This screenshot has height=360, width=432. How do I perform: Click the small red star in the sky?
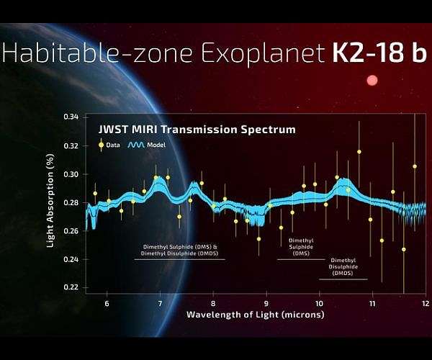click(x=372, y=81)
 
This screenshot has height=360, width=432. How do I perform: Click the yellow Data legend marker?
click(x=102, y=145)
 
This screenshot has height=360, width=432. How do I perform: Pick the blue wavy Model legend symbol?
click(x=136, y=145)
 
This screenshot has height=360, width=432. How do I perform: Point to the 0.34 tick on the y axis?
click(x=70, y=117)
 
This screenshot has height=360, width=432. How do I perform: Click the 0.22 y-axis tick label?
click(x=70, y=287)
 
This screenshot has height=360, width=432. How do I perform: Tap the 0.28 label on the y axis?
click(x=70, y=202)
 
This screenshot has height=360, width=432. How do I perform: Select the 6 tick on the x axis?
click(x=107, y=305)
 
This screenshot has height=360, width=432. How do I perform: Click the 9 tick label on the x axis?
click(x=266, y=305)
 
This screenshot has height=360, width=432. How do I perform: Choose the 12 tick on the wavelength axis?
click(x=425, y=305)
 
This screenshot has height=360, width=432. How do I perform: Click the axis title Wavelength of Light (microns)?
click(x=255, y=315)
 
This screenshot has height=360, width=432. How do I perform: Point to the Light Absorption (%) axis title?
click(x=50, y=205)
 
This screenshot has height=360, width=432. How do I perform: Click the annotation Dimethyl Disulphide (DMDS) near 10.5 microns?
click(x=342, y=266)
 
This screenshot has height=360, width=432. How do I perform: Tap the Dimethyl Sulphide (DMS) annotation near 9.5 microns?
click(x=301, y=246)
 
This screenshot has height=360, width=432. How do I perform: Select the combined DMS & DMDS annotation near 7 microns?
click(x=179, y=250)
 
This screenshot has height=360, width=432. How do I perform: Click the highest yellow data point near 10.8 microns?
click(x=359, y=152)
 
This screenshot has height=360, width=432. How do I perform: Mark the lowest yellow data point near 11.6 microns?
click(x=404, y=249)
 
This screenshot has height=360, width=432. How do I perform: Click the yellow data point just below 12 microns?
click(x=415, y=166)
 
